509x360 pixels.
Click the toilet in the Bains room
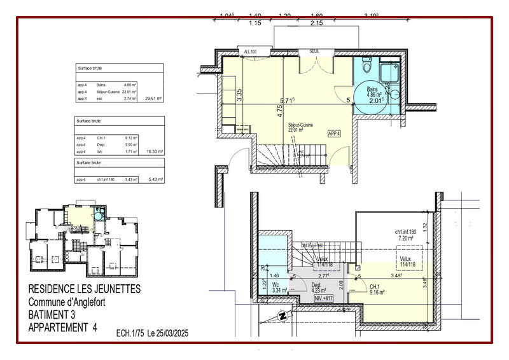(366, 66)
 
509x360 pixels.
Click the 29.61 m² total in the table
(153, 99)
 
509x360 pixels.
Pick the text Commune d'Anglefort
(67, 302)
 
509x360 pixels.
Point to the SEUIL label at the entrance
(314, 51)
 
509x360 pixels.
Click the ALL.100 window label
(250, 51)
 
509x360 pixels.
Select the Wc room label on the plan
(275, 285)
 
